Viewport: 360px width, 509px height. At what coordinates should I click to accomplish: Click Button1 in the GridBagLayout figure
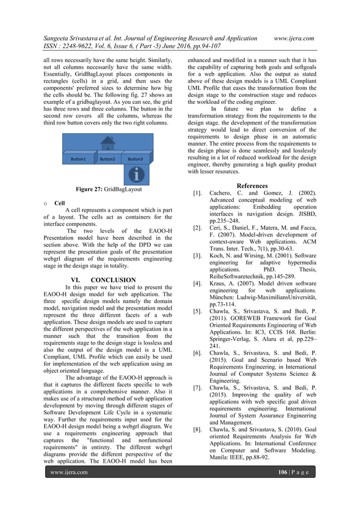pyautogui.click(x=78, y=159)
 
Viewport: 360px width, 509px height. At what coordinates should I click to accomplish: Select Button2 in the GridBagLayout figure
pyautogui.click(x=107, y=159)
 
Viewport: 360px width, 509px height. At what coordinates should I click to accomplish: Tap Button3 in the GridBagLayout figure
pyautogui.click(x=135, y=159)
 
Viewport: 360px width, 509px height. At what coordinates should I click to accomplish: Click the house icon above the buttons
pyautogui.click(x=108, y=144)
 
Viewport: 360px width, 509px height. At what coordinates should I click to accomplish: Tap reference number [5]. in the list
pyautogui.click(x=198, y=310)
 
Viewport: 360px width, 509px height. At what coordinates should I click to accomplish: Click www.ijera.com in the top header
pyautogui.click(x=293, y=38)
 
